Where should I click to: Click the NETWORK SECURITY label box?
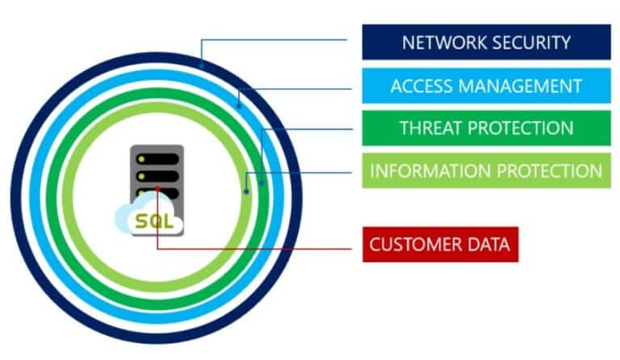tap(486, 43)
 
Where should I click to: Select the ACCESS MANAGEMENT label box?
tap(486, 86)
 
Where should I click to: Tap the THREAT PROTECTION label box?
tap(486, 128)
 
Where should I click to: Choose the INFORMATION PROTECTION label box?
tap(486, 171)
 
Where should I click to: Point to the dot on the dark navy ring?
tap(201, 64)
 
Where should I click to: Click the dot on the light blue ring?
tap(239, 103)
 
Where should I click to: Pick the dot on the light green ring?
tap(246, 191)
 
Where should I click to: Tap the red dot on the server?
tap(158, 191)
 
